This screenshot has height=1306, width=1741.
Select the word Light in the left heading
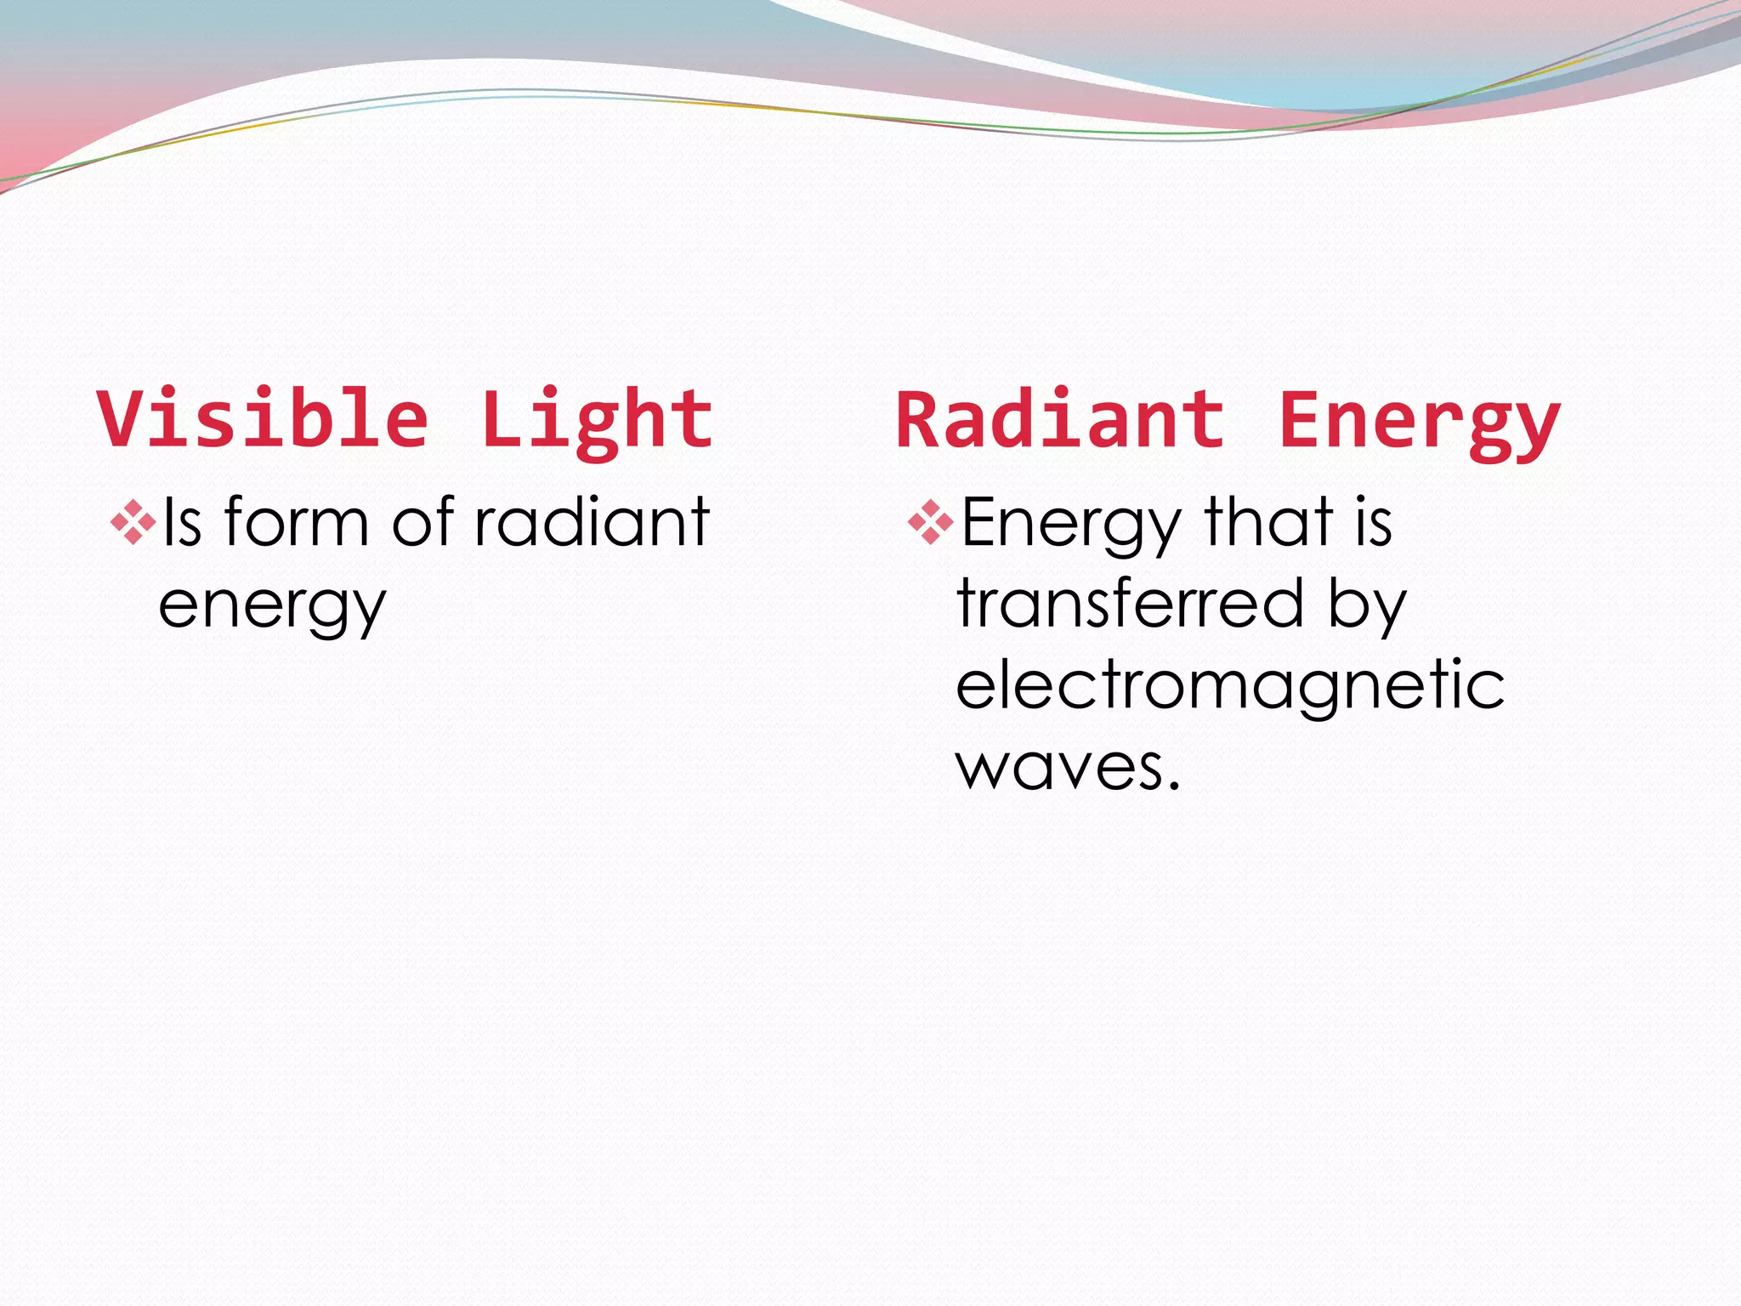click(597, 420)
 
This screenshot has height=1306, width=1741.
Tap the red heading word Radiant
click(1060, 419)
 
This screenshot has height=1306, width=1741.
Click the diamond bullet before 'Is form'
click(133, 522)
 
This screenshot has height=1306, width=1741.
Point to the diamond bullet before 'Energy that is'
click(931, 522)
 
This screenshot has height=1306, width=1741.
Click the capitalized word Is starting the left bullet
click(182, 522)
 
